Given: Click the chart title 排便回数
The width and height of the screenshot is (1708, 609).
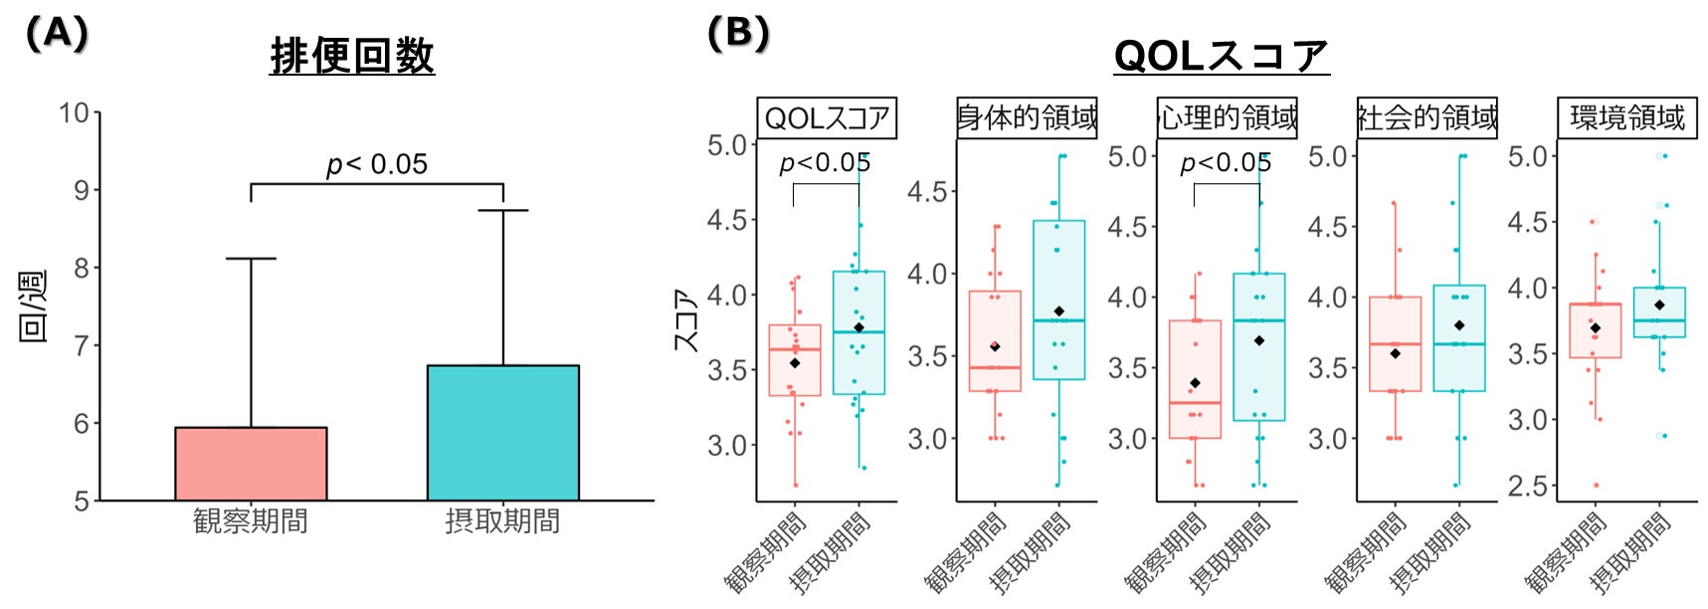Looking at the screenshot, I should (352, 56).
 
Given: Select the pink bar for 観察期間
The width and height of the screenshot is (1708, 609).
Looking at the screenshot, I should (251, 464).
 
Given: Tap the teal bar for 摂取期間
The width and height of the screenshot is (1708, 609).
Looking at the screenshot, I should (502, 433).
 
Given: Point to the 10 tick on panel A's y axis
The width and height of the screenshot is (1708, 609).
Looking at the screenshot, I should (75, 112).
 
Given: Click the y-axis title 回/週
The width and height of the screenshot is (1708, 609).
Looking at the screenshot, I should (33, 306).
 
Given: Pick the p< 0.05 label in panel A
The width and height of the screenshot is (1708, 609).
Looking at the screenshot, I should (377, 164).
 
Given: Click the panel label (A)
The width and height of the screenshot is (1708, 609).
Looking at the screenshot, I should (57, 34).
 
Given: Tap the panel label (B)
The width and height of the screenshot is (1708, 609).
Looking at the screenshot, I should (738, 34).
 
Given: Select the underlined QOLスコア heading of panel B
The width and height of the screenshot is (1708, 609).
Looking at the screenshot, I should (1221, 56).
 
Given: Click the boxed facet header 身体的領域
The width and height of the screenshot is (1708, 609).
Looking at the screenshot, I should (1027, 117).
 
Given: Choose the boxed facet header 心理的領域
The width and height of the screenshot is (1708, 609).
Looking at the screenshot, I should (1227, 117).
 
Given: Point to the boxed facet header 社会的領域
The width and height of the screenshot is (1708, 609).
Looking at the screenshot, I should (1426, 117).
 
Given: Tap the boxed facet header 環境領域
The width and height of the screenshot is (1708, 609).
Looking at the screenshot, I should (1627, 117).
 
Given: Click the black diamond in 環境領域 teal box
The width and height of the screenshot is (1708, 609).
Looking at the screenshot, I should (1659, 304).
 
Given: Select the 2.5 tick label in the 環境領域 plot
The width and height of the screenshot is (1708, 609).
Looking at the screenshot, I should (1528, 486).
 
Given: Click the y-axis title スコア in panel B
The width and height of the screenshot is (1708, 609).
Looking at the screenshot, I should (684, 319).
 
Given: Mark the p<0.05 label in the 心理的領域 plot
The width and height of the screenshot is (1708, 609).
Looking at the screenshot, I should (1225, 163).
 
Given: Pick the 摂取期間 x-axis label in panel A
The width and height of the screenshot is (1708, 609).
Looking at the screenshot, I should (502, 520).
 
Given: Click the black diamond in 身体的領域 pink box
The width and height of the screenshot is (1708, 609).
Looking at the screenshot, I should (995, 346).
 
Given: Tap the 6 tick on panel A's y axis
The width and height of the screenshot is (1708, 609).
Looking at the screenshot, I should (82, 423).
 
